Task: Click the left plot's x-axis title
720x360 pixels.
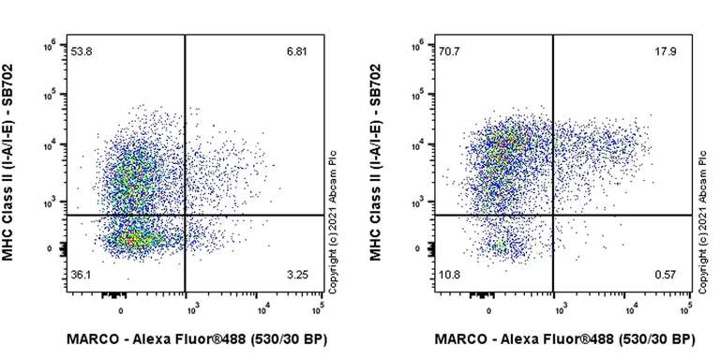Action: point(196,338)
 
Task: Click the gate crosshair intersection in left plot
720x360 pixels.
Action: point(185,216)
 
